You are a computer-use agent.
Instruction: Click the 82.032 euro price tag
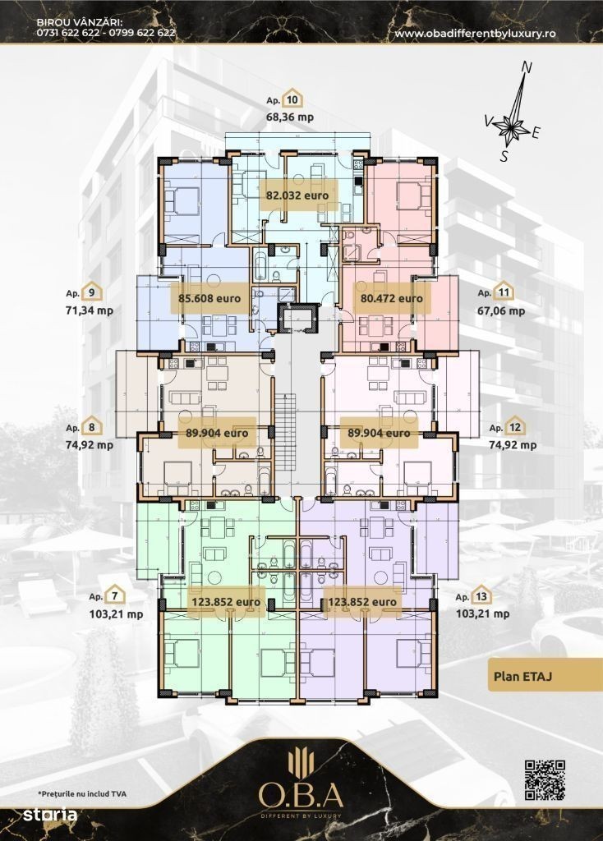click(297, 195)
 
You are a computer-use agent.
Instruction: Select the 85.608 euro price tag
click(209, 298)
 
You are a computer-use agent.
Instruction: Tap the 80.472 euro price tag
click(391, 298)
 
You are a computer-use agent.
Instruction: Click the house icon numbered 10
click(292, 99)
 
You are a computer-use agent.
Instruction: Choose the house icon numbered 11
click(504, 292)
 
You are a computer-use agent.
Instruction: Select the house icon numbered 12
click(515, 426)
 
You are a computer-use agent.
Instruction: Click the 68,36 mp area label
click(290, 117)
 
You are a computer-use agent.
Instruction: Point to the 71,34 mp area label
click(90, 310)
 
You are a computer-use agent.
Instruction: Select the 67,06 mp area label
click(501, 310)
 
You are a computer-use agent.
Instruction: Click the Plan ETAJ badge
click(545, 675)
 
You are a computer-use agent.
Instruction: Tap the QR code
click(545, 780)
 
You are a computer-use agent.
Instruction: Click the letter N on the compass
click(527, 67)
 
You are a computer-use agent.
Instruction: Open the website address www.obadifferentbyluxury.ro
click(475, 33)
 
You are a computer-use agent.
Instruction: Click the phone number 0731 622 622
click(67, 32)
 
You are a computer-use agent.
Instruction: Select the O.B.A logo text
click(301, 795)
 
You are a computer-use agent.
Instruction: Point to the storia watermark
click(50, 815)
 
